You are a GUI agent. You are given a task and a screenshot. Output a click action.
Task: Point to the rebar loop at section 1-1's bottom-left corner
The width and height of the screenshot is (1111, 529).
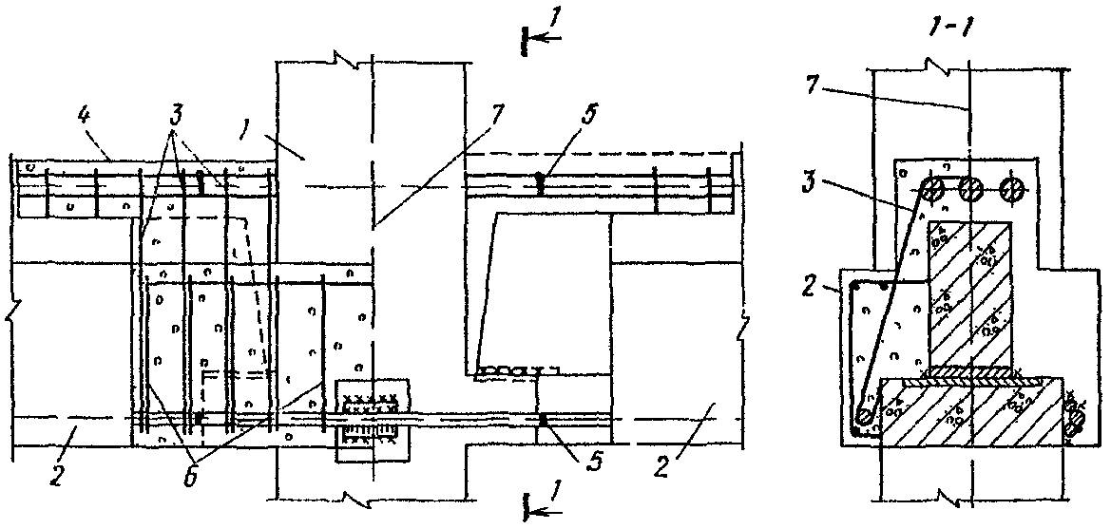point(864,416)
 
